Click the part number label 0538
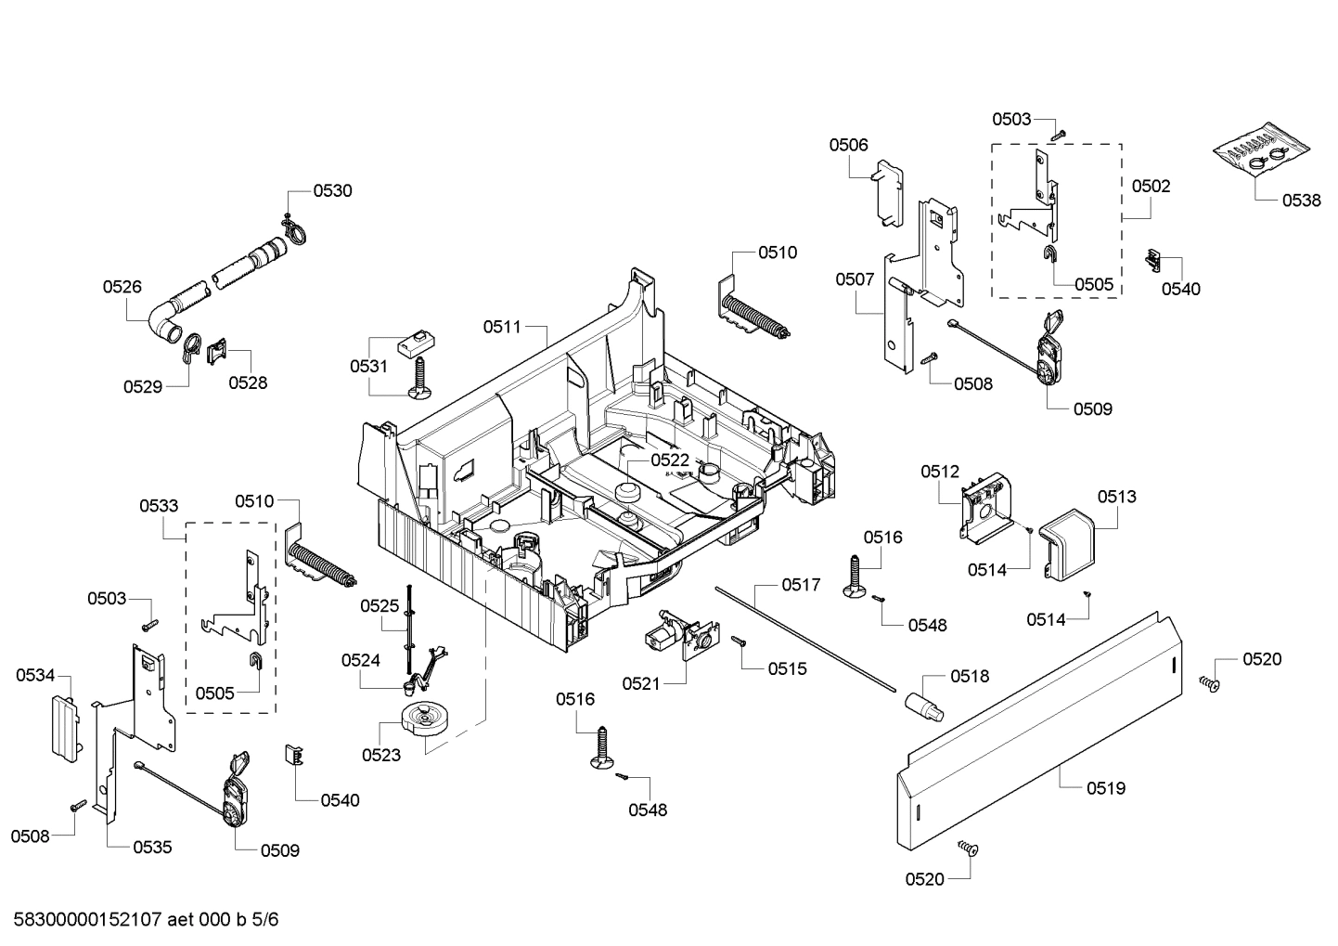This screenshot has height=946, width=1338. (1302, 200)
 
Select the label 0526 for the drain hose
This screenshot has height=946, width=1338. (122, 287)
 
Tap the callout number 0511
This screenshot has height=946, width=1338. (502, 327)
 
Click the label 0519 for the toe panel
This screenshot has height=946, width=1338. (1106, 788)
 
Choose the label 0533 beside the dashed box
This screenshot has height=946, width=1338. (159, 506)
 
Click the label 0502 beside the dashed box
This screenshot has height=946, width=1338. (1151, 186)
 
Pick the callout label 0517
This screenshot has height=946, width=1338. (801, 585)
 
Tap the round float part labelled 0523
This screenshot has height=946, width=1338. (426, 720)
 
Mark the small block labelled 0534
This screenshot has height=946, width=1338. (63, 725)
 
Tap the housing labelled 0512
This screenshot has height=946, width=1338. (984, 505)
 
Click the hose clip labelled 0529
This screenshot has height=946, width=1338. (190, 346)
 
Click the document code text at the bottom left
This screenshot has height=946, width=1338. (146, 920)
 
